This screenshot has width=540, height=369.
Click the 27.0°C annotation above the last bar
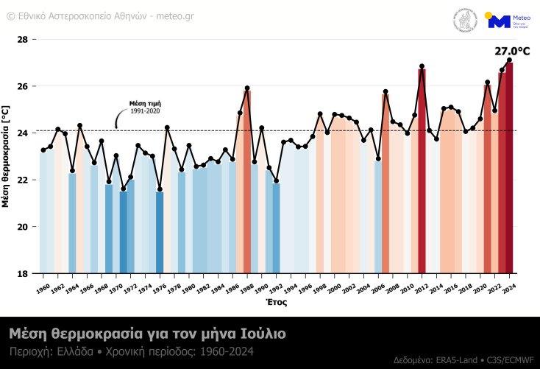(512, 52)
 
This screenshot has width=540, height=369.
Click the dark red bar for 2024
(509, 169)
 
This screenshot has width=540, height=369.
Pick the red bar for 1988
(247, 184)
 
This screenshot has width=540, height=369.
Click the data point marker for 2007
(386, 92)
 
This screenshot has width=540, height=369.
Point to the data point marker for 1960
(43, 150)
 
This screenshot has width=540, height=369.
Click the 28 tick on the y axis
(22, 39)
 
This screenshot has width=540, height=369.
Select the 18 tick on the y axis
(22, 273)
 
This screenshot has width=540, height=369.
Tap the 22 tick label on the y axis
(22, 180)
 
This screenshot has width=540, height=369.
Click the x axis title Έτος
(276, 302)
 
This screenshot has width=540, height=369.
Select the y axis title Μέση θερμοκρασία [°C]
(7, 156)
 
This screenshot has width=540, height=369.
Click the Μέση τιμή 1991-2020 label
(145, 107)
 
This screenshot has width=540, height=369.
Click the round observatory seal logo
(464, 20)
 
